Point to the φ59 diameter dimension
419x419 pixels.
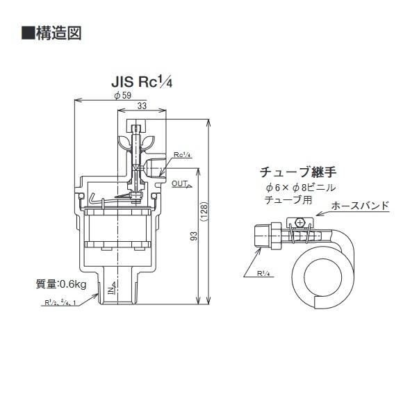122,95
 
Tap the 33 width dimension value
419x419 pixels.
141,106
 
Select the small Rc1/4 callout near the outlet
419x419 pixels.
181,154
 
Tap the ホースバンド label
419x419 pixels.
359,206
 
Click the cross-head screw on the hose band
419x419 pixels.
299,222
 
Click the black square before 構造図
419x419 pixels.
27,33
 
